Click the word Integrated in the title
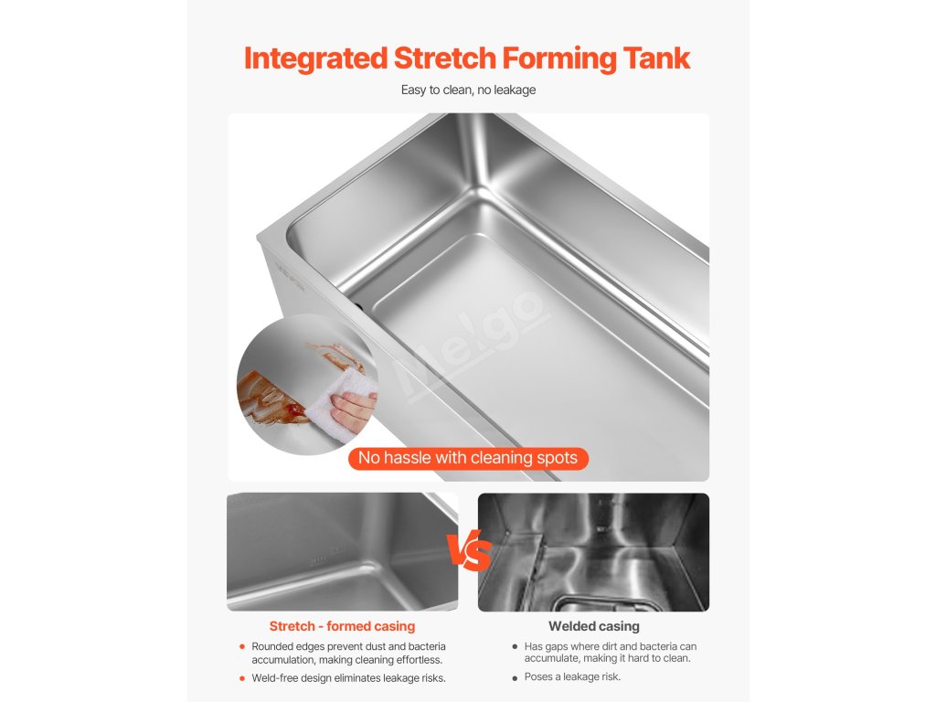pos(315,59)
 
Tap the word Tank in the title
pos(656,58)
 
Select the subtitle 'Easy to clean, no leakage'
pos(468,90)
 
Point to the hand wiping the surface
pos(354,410)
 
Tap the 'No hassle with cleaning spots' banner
pos(468,459)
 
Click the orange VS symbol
pos(469,549)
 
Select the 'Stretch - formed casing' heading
pos(342,626)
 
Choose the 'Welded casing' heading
pos(594,626)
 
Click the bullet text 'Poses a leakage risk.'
pos(572,677)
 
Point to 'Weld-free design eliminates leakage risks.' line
pos(348,678)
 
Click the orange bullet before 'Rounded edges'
pos(241,646)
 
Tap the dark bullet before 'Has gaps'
pos(515,646)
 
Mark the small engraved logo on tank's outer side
pos(291,275)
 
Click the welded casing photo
pos(593,552)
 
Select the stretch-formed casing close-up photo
pos(342,551)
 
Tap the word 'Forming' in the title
pos(559,59)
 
